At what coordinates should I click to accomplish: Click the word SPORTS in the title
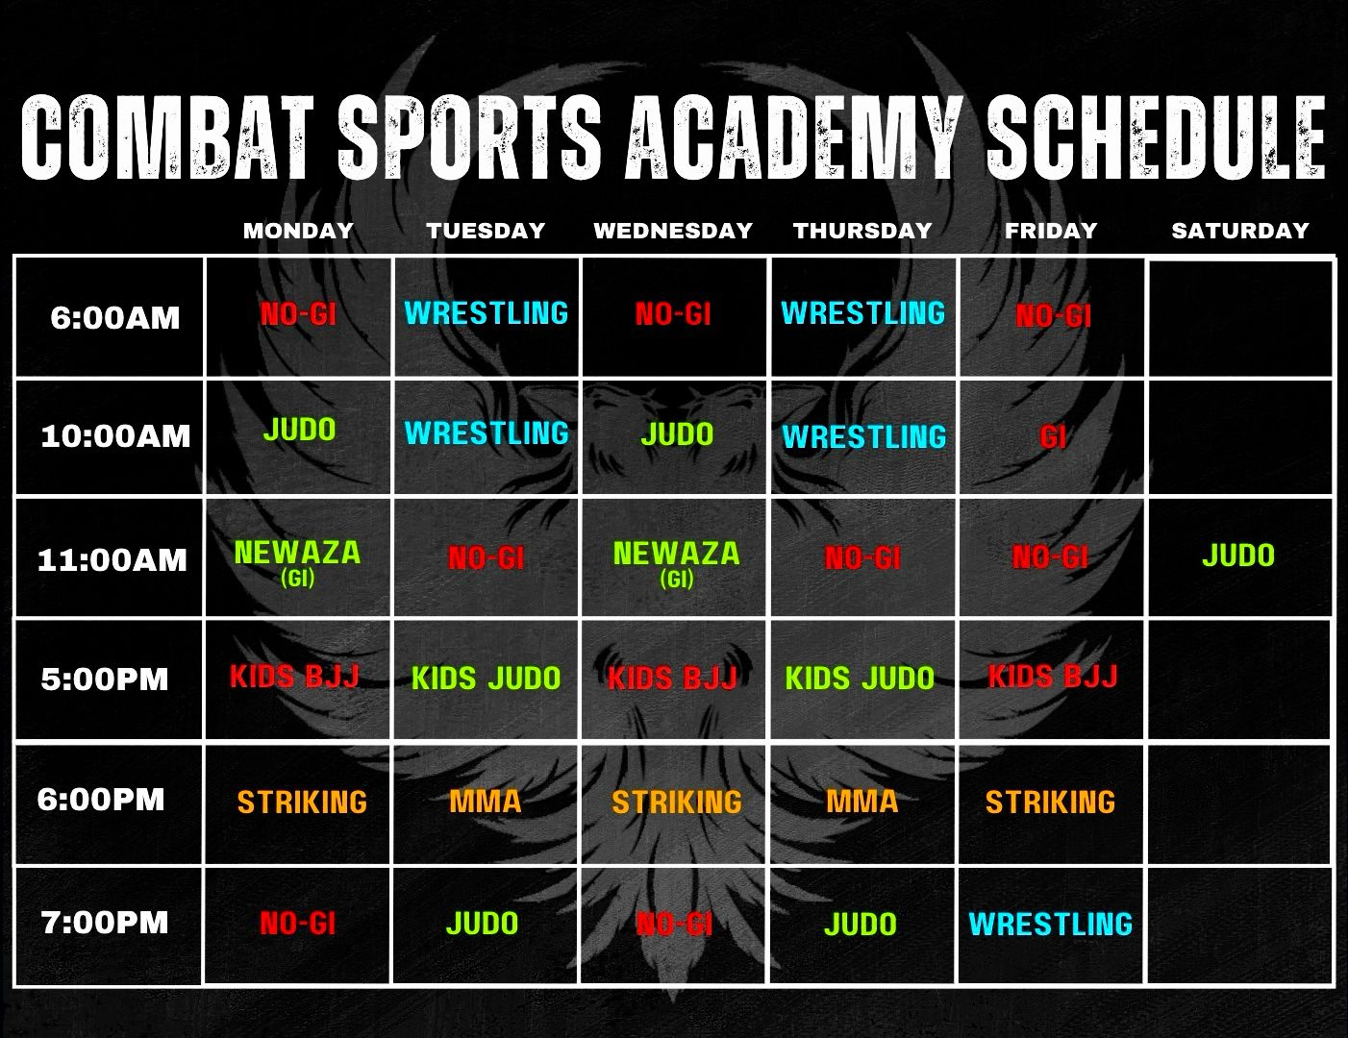point(469,137)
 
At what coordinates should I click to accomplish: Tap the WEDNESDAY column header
point(673,231)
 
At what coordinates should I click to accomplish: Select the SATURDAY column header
point(1240,231)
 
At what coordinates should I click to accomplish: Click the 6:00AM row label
point(114,317)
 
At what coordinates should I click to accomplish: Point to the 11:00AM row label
point(112,560)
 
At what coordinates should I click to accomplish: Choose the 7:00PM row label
point(105,922)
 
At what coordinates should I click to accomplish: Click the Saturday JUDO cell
point(1238,555)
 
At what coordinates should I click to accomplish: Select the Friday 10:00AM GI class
point(1053,437)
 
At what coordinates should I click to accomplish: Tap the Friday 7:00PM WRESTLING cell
point(1051,924)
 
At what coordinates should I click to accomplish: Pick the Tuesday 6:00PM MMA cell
point(486,802)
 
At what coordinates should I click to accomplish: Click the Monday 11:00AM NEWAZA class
point(297,561)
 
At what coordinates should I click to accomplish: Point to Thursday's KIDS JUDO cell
point(860,678)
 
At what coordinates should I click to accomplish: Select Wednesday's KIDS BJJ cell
point(672,679)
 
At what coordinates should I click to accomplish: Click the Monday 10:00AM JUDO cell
point(299,429)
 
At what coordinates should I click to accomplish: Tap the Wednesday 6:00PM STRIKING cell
point(677,802)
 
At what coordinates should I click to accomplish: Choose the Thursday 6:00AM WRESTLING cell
point(862,313)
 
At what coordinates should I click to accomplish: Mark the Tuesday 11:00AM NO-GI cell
point(486,558)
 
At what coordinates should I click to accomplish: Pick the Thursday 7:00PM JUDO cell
point(861,925)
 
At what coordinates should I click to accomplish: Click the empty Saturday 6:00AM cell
point(1240,317)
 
